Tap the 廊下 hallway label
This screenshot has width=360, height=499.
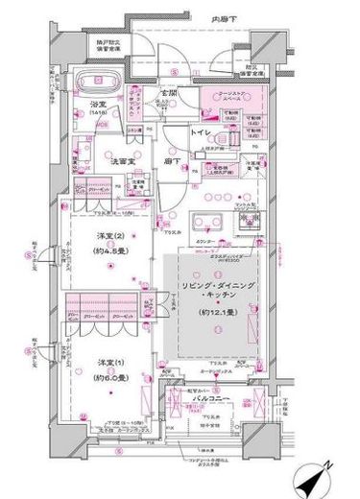tap(172, 161)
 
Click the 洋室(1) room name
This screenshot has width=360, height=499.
tap(108, 360)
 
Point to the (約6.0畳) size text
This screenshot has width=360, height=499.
tap(108, 375)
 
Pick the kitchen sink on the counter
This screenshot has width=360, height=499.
tap(206, 221)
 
